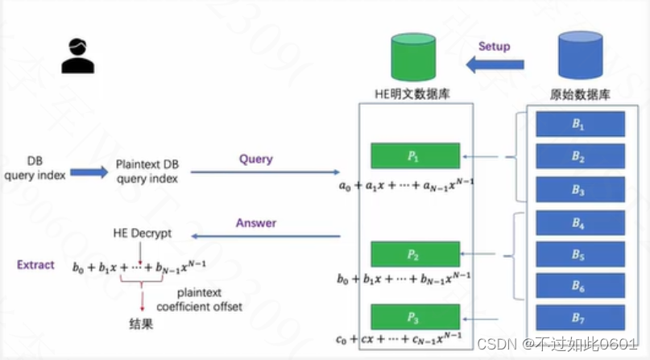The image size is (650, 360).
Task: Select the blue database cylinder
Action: (x=579, y=57)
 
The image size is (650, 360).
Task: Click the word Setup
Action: (x=494, y=46)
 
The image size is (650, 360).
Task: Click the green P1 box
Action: (x=415, y=155)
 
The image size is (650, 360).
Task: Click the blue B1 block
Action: (x=581, y=125)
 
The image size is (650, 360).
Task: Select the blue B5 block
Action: (x=581, y=254)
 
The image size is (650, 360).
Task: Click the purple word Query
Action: (x=256, y=159)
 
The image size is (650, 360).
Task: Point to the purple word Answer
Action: (x=255, y=223)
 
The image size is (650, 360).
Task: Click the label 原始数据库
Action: (x=579, y=95)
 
